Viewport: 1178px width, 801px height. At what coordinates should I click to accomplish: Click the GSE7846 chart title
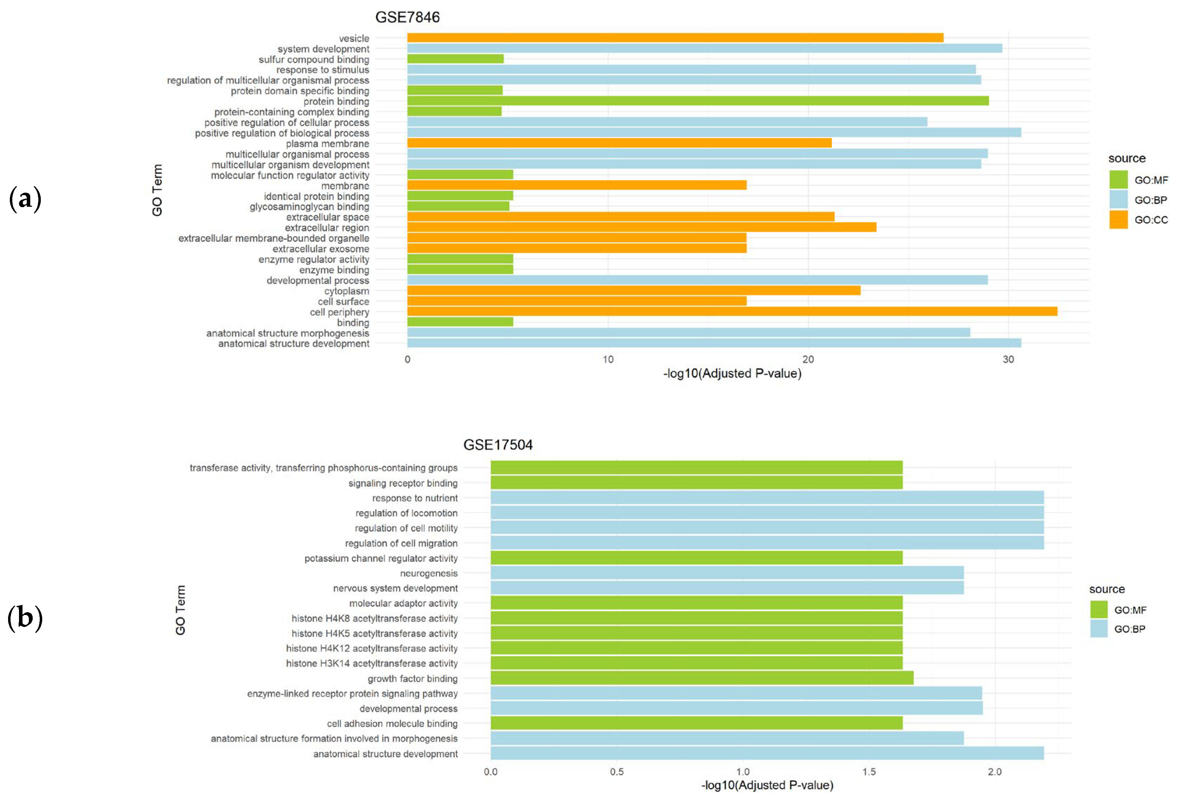click(x=407, y=17)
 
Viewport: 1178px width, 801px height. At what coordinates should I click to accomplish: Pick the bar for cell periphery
click(x=731, y=311)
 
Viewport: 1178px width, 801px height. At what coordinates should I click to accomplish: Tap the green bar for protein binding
click(x=697, y=101)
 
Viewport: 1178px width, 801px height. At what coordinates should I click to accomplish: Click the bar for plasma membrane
click(x=619, y=143)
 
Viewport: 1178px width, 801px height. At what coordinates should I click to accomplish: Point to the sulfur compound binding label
click(x=314, y=59)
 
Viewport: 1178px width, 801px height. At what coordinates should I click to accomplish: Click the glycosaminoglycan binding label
click(x=309, y=206)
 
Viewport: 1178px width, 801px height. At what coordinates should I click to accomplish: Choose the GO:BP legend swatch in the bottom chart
click(x=1099, y=629)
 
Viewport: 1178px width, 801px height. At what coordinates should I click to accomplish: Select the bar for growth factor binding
click(x=702, y=678)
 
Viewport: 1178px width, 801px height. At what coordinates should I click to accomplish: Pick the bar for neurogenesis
click(x=726, y=573)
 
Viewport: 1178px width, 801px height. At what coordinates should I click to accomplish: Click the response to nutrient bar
click(x=767, y=498)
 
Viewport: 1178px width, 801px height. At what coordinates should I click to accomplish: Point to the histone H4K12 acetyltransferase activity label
click(x=372, y=648)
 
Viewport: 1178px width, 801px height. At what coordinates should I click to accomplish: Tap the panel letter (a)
click(x=25, y=198)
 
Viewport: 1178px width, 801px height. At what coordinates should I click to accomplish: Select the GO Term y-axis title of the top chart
click(x=157, y=190)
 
